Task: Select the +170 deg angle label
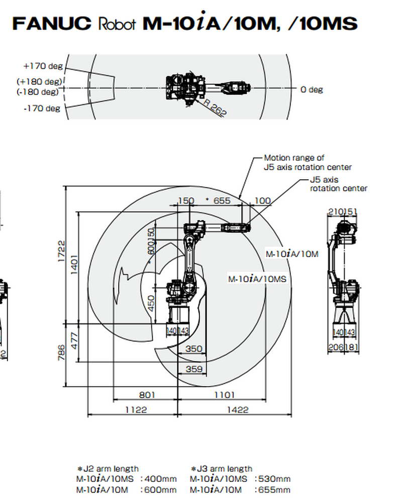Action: pyautogui.click(x=42, y=66)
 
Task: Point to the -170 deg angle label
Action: pyautogui.click(x=42, y=108)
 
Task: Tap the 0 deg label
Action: pyautogui.click(x=312, y=89)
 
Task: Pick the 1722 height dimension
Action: pyautogui.click(x=61, y=250)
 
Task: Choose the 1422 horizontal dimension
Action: pyautogui.click(x=237, y=410)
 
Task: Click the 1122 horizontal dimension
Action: pyautogui.click(x=136, y=410)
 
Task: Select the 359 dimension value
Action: pyautogui.click(x=194, y=369)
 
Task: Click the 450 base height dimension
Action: pyautogui.click(x=150, y=303)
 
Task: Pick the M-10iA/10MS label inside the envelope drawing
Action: pyautogui.click(x=257, y=279)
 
